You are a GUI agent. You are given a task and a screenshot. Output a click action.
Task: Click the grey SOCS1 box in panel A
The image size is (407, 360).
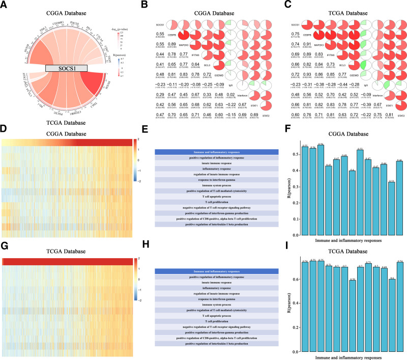pyautogui.click(x=66, y=68)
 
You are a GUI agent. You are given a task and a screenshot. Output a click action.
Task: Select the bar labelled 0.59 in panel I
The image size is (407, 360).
pyautogui.click(x=338, y=316)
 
